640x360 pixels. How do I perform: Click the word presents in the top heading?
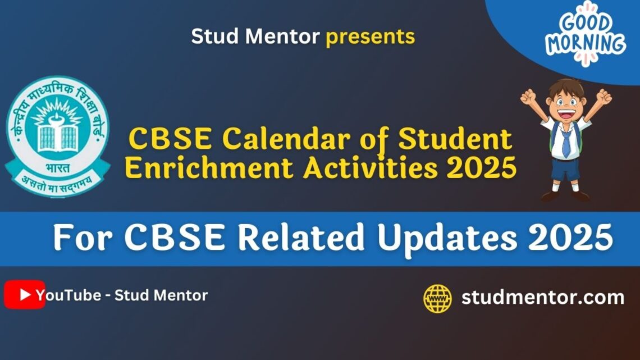pos(371,37)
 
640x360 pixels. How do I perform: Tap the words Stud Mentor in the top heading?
pos(255,37)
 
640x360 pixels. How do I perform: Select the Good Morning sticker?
pos(586,34)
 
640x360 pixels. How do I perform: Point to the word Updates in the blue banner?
pos(447,239)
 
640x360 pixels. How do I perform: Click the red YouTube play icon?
pos(24,295)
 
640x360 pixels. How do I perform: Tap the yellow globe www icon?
pos(437,298)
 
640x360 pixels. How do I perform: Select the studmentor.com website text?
pos(542,297)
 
